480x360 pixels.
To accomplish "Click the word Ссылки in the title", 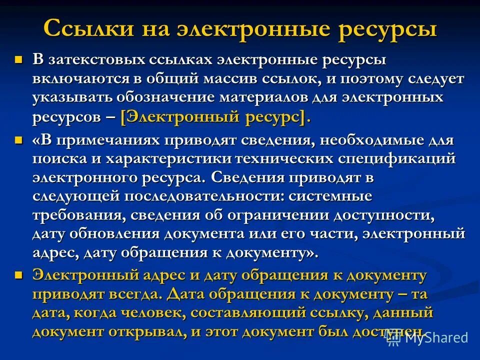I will [x=84, y=28].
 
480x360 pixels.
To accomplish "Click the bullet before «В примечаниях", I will [x=19, y=141].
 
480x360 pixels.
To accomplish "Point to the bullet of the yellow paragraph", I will [x=19, y=274].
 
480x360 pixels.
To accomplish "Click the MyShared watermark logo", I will [x=429, y=337].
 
